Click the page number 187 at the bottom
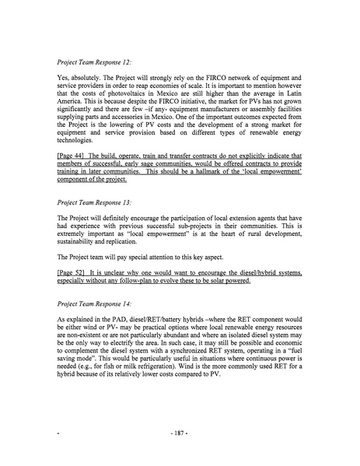[x=180, y=449]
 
